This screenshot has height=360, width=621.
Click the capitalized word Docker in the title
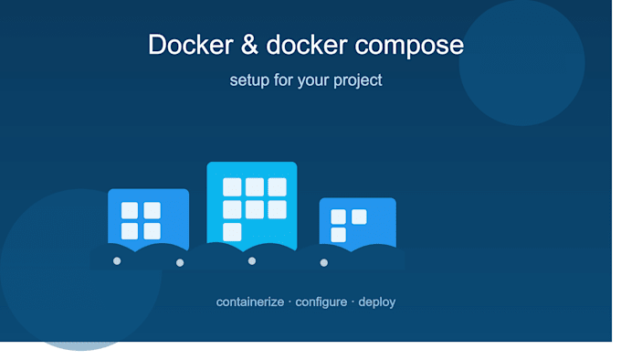191,45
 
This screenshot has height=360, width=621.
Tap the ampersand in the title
249,45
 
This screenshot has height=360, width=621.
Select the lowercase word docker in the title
307,45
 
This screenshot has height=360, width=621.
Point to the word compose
409,47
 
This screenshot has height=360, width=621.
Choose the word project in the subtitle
358,81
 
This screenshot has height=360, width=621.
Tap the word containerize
250,302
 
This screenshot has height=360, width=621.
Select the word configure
321,302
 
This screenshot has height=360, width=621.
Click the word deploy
376,302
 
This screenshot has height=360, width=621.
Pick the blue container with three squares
358,223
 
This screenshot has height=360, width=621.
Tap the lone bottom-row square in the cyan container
232,232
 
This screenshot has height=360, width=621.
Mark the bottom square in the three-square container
338,235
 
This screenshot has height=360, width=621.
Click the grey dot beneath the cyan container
252,261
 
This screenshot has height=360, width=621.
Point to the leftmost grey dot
117,261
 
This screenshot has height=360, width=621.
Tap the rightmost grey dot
324,262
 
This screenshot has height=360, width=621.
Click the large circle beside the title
522,63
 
